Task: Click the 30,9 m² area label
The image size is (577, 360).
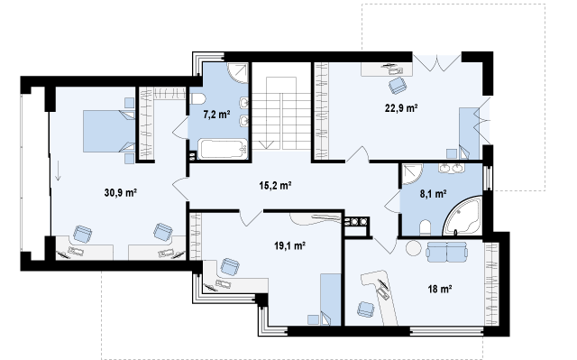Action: (x=121, y=192)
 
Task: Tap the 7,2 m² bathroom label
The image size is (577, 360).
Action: (x=216, y=114)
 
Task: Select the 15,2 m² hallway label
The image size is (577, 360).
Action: (x=275, y=185)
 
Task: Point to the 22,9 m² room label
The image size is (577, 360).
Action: (x=401, y=108)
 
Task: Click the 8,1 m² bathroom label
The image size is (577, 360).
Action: (x=434, y=194)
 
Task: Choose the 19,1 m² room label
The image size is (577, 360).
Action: (x=290, y=245)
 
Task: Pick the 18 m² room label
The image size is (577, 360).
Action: (x=440, y=289)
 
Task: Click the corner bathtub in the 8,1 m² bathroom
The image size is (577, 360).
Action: (x=463, y=216)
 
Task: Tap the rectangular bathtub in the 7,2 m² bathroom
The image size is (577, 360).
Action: (x=223, y=149)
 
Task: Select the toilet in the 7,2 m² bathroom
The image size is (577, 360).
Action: (x=197, y=98)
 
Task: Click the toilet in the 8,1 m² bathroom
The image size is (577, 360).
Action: (x=425, y=228)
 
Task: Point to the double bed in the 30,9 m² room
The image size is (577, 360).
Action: (x=109, y=131)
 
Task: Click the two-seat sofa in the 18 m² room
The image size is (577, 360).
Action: (x=447, y=252)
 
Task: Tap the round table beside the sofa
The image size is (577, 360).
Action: (x=414, y=248)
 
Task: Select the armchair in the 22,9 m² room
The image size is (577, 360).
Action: (x=398, y=86)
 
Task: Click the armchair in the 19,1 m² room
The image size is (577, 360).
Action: (x=230, y=266)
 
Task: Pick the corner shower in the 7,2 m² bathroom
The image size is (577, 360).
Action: (x=238, y=73)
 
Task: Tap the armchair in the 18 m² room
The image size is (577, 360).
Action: (x=366, y=309)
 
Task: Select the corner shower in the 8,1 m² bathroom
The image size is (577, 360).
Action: (x=412, y=174)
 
